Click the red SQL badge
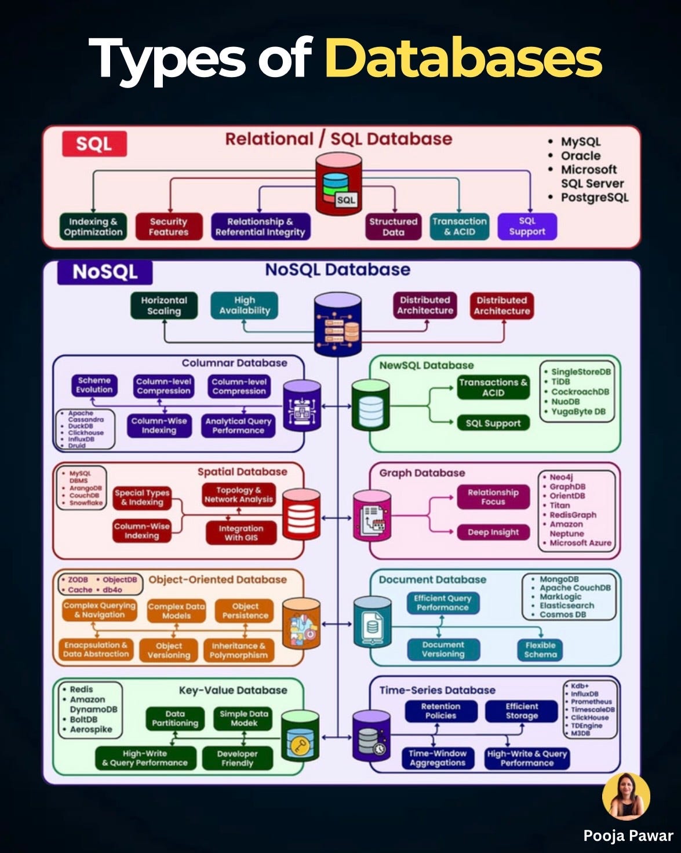(x=94, y=144)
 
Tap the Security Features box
(x=169, y=227)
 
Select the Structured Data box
(x=393, y=227)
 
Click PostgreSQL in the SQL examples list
(x=594, y=197)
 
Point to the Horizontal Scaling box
(x=164, y=305)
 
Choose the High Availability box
(x=244, y=305)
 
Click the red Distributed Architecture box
(x=501, y=305)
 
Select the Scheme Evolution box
(x=94, y=385)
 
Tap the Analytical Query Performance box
(x=238, y=426)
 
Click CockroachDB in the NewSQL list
(x=580, y=392)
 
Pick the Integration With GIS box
(x=241, y=533)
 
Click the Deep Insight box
(x=493, y=532)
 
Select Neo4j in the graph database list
(x=561, y=477)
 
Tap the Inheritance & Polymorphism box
(x=238, y=650)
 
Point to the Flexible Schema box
(x=540, y=650)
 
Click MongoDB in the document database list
(x=559, y=579)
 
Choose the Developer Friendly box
(x=237, y=758)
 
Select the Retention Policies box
(x=440, y=711)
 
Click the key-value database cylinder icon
(x=300, y=736)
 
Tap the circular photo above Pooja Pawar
(x=626, y=796)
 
